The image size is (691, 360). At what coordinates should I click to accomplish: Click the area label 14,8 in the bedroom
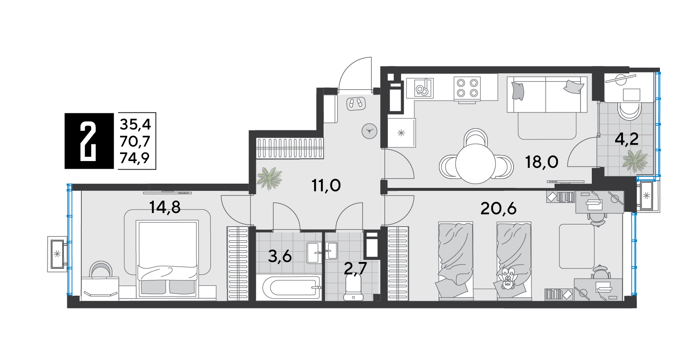(x=165, y=207)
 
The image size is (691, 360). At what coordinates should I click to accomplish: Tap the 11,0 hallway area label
(x=326, y=186)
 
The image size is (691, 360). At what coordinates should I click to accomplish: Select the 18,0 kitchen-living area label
(x=542, y=162)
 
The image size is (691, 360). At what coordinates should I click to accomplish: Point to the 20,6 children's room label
(x=499, y=209)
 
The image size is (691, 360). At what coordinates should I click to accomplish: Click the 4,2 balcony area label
(x=627, y=140)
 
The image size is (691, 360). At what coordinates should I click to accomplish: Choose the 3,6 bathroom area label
(x=280, y=256)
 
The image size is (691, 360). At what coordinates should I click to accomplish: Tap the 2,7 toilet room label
(x=355, y=268)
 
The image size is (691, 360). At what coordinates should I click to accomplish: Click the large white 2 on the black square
(x=89, y=141)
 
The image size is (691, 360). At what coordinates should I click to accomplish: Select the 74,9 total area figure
(x=135, y=158)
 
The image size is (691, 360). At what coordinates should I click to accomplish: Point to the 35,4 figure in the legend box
(x=135, y=124)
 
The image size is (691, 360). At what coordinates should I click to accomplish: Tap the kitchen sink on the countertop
(x=420, y=88)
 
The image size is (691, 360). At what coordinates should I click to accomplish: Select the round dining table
(x=476, y=164)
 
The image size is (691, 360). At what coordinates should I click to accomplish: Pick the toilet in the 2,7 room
(x=353, y=288)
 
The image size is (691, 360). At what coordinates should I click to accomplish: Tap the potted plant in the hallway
(x=270, y=178)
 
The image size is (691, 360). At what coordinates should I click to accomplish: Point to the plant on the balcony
(x=635, y=160)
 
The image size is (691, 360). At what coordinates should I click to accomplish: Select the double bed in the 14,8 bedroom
(x=167, y=259)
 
